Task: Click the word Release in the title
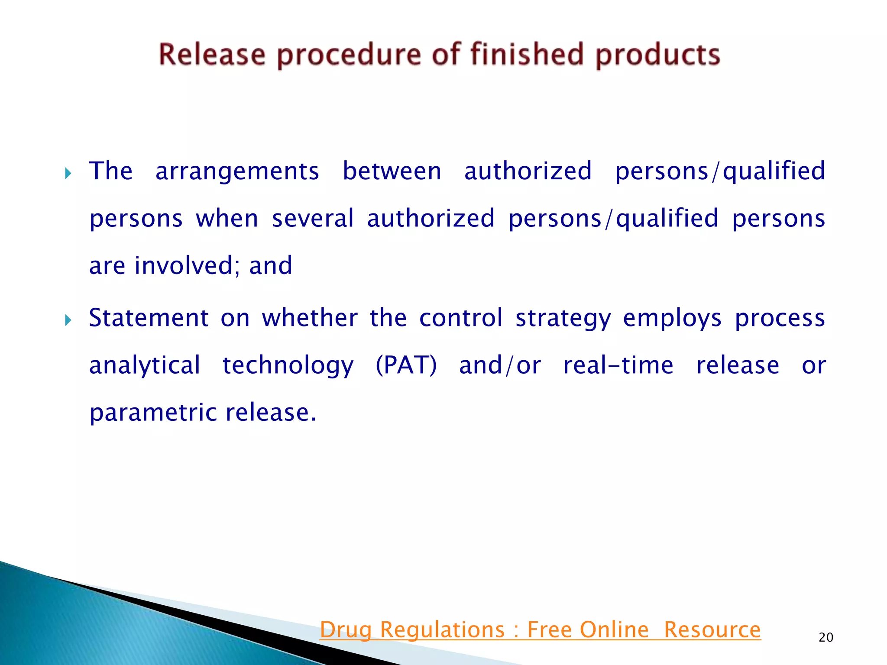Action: coord(212,55)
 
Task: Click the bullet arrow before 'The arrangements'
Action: coord(68,174)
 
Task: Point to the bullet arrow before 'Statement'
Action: coord(68,320)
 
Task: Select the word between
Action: coord(392,171)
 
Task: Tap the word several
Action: coord(313,218)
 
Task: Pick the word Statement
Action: coord(149,318)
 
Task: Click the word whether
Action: coord(310,318)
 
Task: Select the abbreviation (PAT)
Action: coord(406,365)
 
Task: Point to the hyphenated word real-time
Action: coord(618,365)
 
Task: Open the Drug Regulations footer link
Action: coord(540,630)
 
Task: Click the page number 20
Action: coord(826,637)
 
